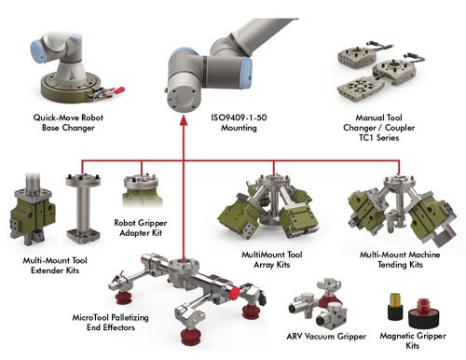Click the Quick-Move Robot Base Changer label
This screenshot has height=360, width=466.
click(x=68, y=122)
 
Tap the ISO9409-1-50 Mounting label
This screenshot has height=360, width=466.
click(x=239, y=122)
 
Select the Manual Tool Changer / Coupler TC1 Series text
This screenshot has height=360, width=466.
click(x=378, y=128)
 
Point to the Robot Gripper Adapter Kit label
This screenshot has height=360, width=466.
click(x=141, y=228)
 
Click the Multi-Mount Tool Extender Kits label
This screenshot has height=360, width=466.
click(x=55, y=265)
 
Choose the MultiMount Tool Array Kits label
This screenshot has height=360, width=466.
click(x=272, y=259)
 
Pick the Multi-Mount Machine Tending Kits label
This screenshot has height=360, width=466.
click(x=400, y=259)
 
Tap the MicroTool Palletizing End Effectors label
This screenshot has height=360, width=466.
click(x=111, y=323)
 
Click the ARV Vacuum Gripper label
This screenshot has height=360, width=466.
click(x=326, y=336)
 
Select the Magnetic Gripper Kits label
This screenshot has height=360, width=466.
click(x=413, y=340)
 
